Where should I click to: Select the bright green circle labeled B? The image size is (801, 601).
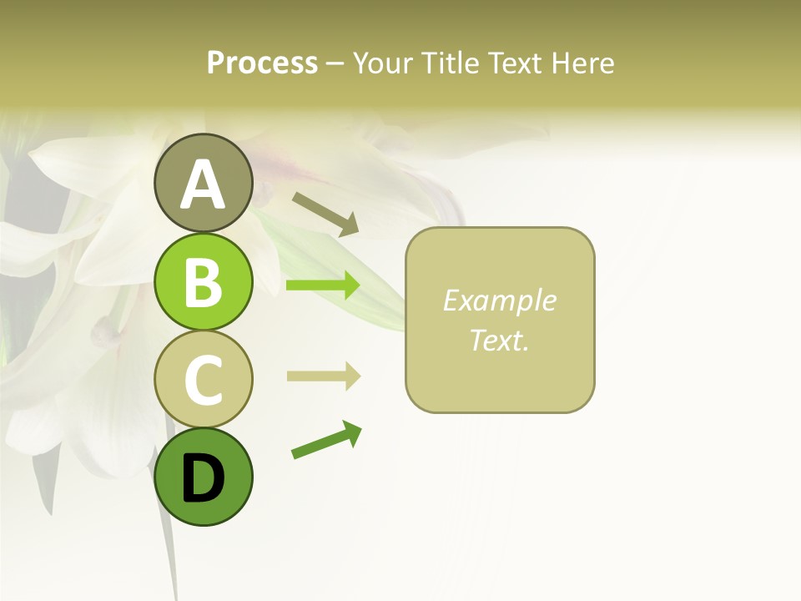point(203,281)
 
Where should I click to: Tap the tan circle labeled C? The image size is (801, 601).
point(203,379)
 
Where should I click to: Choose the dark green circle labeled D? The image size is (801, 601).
point(203,477)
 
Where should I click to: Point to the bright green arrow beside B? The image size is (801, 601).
point(323,285)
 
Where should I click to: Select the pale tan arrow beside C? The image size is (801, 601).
point(323,376)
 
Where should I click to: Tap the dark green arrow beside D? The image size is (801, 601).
point(326,441)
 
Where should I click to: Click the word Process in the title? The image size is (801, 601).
point(262,63)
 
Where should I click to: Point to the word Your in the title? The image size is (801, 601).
point(384,63)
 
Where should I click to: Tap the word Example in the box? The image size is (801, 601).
point(499,300)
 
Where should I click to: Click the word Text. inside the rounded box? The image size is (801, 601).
point(499,340)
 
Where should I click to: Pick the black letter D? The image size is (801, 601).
point(203,479)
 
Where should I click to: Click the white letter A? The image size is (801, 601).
point(203,185)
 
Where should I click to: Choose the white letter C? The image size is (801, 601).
point(203,380)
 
